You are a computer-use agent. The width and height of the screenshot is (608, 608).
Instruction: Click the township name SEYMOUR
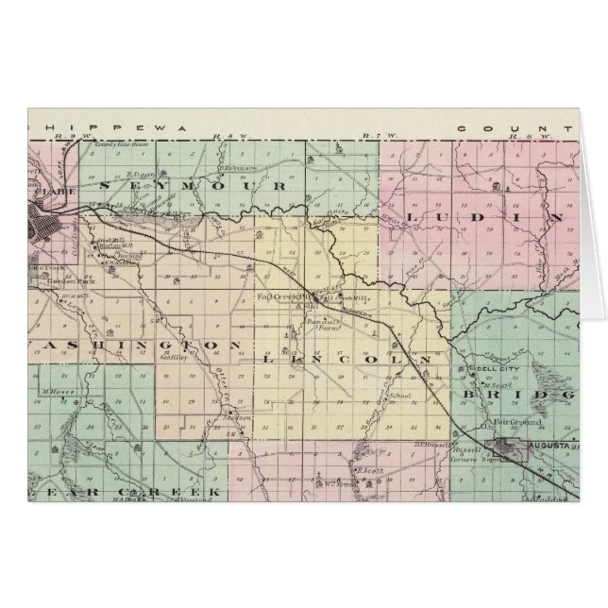[x=189, y=188]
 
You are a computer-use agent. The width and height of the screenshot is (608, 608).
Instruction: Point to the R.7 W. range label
[x=371, y=138]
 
